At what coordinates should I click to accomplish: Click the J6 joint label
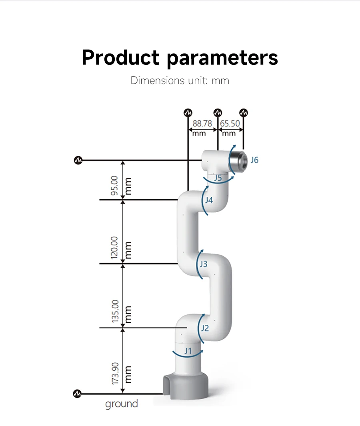coord(254,160)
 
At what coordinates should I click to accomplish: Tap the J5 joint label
coord(218,178)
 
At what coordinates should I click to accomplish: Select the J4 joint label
coord(209,200)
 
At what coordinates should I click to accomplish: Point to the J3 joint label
coord(204,264)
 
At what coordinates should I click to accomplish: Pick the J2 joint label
coord(205,328)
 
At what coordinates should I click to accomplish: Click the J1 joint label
coord(188,351)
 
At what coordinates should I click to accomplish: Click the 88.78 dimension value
coord(202,124)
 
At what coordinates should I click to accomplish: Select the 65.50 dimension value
coord(230,124)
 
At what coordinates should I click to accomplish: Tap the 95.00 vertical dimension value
coord(114,185)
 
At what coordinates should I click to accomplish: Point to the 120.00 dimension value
coord(114,247)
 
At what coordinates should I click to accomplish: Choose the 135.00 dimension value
coord(115,311)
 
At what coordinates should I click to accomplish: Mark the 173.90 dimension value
coord(115,374)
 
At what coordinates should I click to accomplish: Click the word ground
coord(122,404)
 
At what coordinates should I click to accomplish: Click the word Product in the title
coord(120,58)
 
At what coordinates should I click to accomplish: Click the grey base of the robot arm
coord(186,386)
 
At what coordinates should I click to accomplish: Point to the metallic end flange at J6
coord(239,161)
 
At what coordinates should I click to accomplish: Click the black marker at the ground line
coord(77,394)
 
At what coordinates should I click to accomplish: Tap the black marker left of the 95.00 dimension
coord(78,160)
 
